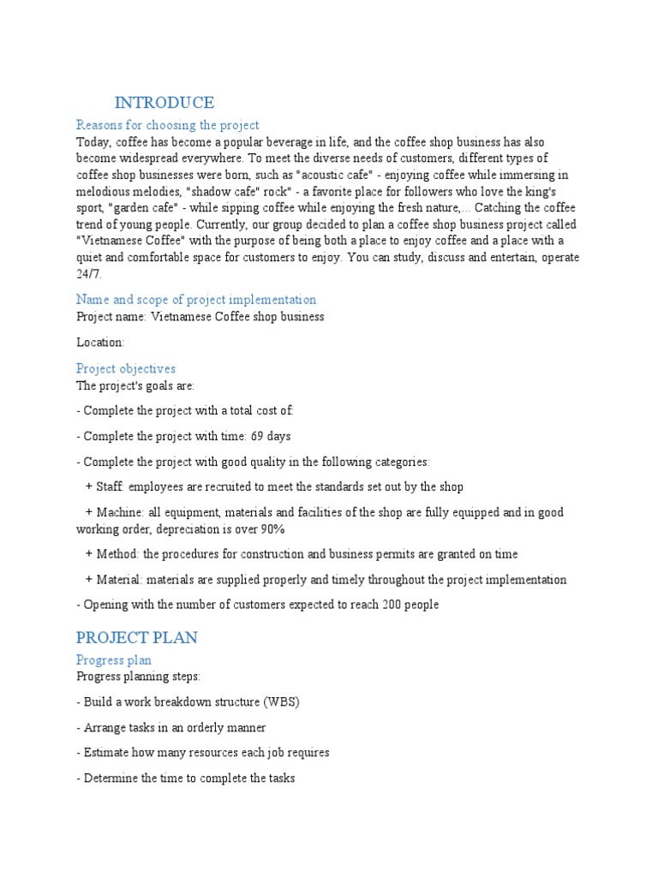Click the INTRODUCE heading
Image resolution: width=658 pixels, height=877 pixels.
click(164, 103)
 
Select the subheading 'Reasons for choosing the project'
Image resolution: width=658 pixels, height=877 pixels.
click(167, 125)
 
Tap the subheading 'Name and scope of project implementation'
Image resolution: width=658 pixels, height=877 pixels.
click(195, 300)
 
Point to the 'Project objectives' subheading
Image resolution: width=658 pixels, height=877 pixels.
click(125, 368)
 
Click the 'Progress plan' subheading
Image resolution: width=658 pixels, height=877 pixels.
click(113, 659)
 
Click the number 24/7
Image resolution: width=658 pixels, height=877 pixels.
click(88, 274)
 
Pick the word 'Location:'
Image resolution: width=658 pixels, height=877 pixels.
click(100, 343)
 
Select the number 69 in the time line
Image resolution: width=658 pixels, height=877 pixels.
click(259, 437)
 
